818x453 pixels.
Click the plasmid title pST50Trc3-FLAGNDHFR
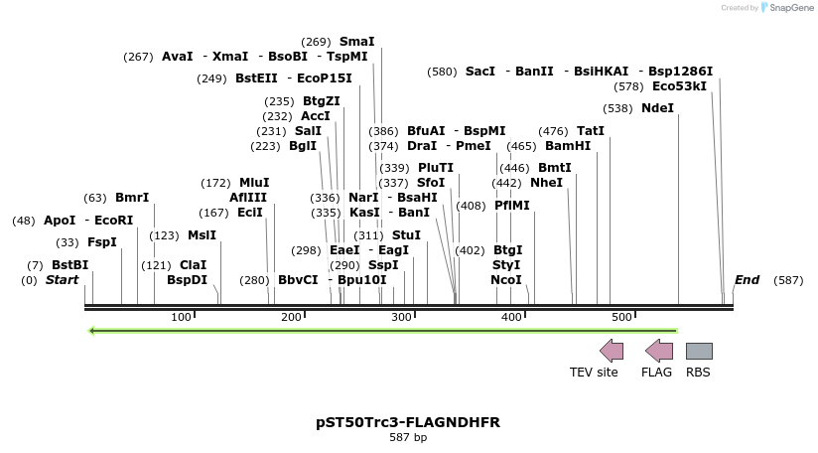click(408, 422)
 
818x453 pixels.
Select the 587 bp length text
click(408, 437)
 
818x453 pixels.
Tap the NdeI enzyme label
click(657, 108)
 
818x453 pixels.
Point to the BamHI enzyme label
click(568, 145)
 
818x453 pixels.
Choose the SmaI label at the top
click(357, 42)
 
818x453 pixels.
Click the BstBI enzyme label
click(69, 265)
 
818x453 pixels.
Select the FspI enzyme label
click(102, 242)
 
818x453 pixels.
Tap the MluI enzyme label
click(254, 183)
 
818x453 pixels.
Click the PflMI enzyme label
click(512, 206)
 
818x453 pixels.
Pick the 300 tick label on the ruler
click(401, 317)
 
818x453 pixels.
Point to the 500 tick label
click(621, 317)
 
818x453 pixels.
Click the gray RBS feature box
click(699, 351)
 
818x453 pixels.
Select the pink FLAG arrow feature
click(658, 351)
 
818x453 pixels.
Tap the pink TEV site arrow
click(612, 351)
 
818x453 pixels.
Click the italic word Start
click(62, 280)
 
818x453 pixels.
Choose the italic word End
click(747, 280)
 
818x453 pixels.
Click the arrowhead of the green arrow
click(91, 331)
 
